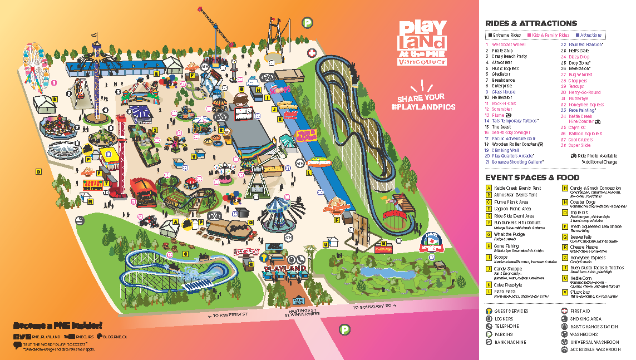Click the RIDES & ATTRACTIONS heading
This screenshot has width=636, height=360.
click(531, 23)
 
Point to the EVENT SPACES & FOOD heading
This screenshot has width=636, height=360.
click(533, 177)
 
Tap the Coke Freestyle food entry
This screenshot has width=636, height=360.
click(508, 285)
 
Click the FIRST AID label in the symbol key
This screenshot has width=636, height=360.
click(580, 312)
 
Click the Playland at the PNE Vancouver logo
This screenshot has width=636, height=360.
click(422, 43)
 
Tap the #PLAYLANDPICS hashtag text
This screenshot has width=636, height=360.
click(430, 106)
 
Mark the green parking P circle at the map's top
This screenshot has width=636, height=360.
click(307, 22)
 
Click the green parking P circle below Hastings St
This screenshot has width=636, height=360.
click(346, 330)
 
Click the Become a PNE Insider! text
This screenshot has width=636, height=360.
click(57, 326)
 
